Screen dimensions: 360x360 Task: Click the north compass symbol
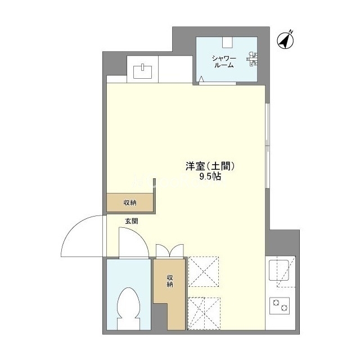(x=285, y=40)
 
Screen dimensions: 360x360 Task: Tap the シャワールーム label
(x=224, y=62)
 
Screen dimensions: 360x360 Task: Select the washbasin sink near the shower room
(x=142, y=71)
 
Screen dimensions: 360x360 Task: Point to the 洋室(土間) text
(x=210, y=166)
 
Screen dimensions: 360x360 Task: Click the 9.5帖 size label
(x=210, y=176)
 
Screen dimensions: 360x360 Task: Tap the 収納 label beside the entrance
(x=130, y=202)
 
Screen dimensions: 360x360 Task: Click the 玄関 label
(x=132, y=221)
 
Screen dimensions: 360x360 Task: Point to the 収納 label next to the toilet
(x=170, y=281)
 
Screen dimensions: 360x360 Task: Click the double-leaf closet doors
(x=170, y=250)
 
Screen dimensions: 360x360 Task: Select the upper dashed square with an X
(x=204, y=272)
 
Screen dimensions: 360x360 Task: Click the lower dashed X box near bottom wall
(x=204, y=314)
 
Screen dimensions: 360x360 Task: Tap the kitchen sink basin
(x=279, y=270)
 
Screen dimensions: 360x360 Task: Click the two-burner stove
(x=280, y=306)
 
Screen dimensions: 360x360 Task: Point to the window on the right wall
(x=267, y=146)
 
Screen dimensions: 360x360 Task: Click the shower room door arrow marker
(x=201, y=79)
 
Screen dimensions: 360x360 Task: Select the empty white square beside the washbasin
(x=175, y=69)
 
